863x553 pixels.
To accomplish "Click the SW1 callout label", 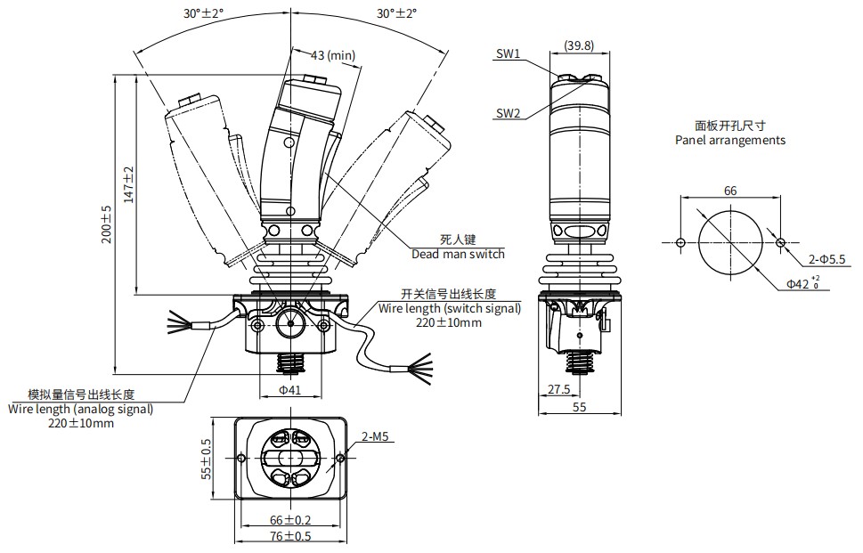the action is tap(508, 53).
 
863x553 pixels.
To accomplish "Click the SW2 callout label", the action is tap(508, 113).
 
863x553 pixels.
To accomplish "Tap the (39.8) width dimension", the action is tap(580, 45).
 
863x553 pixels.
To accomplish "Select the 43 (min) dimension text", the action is tap(333, 55).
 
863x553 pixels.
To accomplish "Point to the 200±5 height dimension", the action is tap(107, 224).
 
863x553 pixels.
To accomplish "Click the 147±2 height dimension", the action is tap(129, 185).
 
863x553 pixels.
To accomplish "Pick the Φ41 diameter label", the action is tap(289, 389).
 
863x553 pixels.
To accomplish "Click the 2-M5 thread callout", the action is tap(375, 437).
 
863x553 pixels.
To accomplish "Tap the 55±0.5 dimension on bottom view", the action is tap(206, 459).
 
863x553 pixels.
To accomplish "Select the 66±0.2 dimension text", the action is tap(290, 520).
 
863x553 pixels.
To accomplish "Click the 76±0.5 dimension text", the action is tap(290, 536).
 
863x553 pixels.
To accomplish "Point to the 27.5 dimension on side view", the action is tap(558, 389).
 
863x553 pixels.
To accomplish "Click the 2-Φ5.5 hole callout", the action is tap(826, 259).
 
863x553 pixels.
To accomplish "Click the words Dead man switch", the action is tap(458, 254).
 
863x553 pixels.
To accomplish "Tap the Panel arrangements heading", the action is tap(730, 141).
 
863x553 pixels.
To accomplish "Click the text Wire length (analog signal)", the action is tap(81, 409).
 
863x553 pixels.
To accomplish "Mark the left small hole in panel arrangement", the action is tap(680, 242).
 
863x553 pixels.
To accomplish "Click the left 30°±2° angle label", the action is tap(204, 13).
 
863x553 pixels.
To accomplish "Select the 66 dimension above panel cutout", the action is tap(730, 191).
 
